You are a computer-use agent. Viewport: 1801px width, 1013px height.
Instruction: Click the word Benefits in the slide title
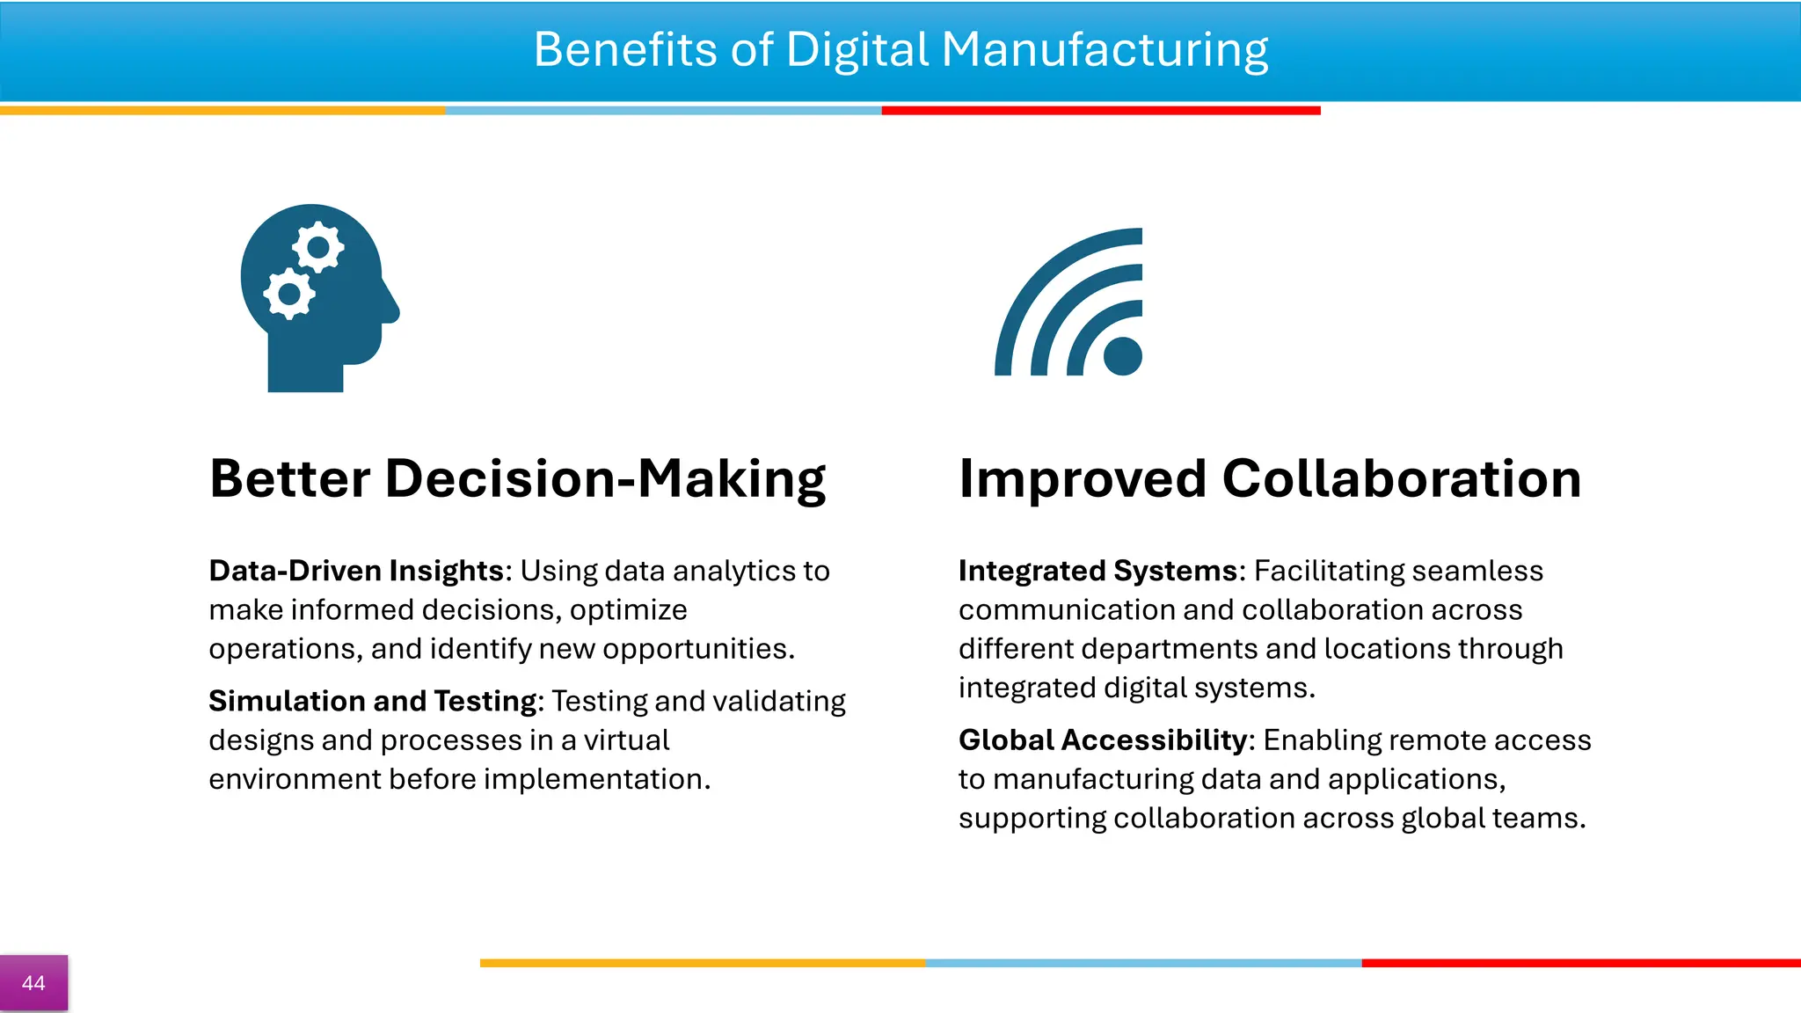click(625, 49)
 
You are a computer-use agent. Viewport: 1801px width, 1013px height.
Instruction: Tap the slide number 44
click(33, 983)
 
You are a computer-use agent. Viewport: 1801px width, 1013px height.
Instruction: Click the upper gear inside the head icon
click(317, 248)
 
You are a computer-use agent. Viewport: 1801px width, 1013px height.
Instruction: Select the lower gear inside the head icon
click(288, 294)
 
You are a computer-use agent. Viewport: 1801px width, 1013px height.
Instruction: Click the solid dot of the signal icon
click(1122, 356)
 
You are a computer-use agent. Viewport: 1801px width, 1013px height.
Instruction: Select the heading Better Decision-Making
click(517, 479)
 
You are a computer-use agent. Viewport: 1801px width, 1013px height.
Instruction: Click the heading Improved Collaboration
click(1269, 479)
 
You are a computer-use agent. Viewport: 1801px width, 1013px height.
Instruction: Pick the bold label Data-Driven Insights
click(356, 571)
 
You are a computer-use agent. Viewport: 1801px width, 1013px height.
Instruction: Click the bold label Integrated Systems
click(1097, 571)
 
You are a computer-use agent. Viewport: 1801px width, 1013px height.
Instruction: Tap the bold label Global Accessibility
click(1103, 740)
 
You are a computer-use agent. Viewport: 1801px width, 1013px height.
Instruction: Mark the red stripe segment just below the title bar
click(1101, 111)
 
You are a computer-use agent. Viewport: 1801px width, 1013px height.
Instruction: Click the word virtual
click(626, 740)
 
